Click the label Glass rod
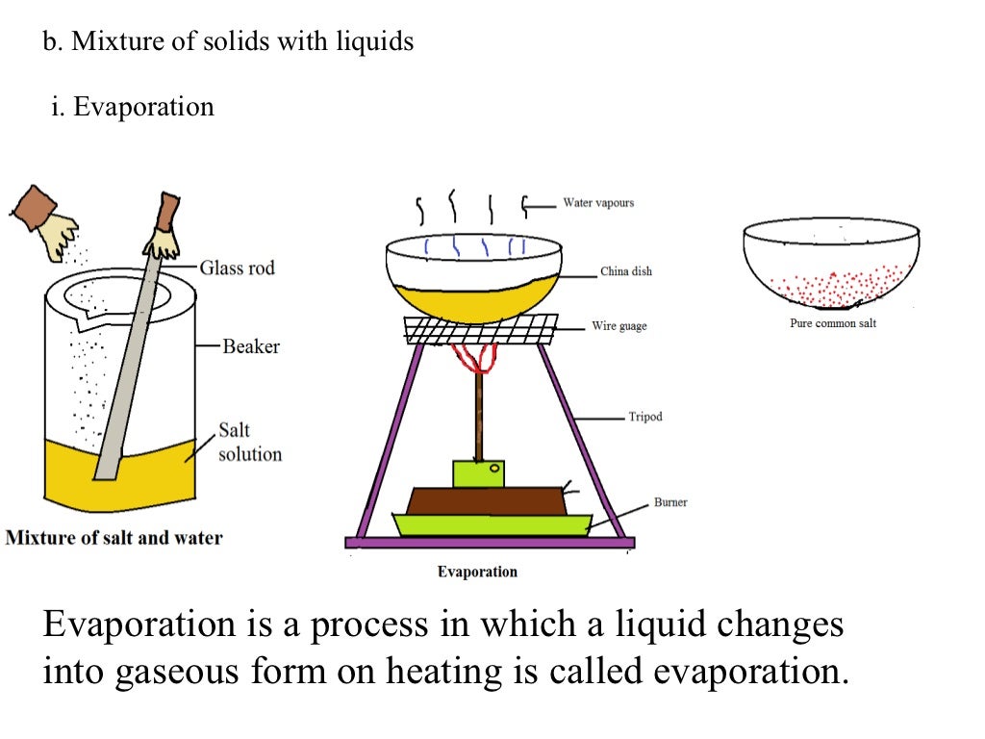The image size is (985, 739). pos(237,268)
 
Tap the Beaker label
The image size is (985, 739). pos(251,345)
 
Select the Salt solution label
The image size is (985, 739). pos(249,442)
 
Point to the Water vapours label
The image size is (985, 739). pos(597,203)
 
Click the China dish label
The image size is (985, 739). pos(625,271)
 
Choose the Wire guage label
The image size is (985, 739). pos(619,326)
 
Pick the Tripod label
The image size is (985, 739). pos(644,417)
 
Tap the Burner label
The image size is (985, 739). pos(670,502)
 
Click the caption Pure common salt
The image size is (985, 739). pos(833,323)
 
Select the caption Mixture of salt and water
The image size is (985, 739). pos(114,538)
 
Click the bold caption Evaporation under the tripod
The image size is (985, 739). pos(477,572)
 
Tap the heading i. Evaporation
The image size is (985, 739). pos(133,106)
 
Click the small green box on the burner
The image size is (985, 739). pos(478,473)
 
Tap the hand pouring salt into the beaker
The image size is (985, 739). pos(44,217)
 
